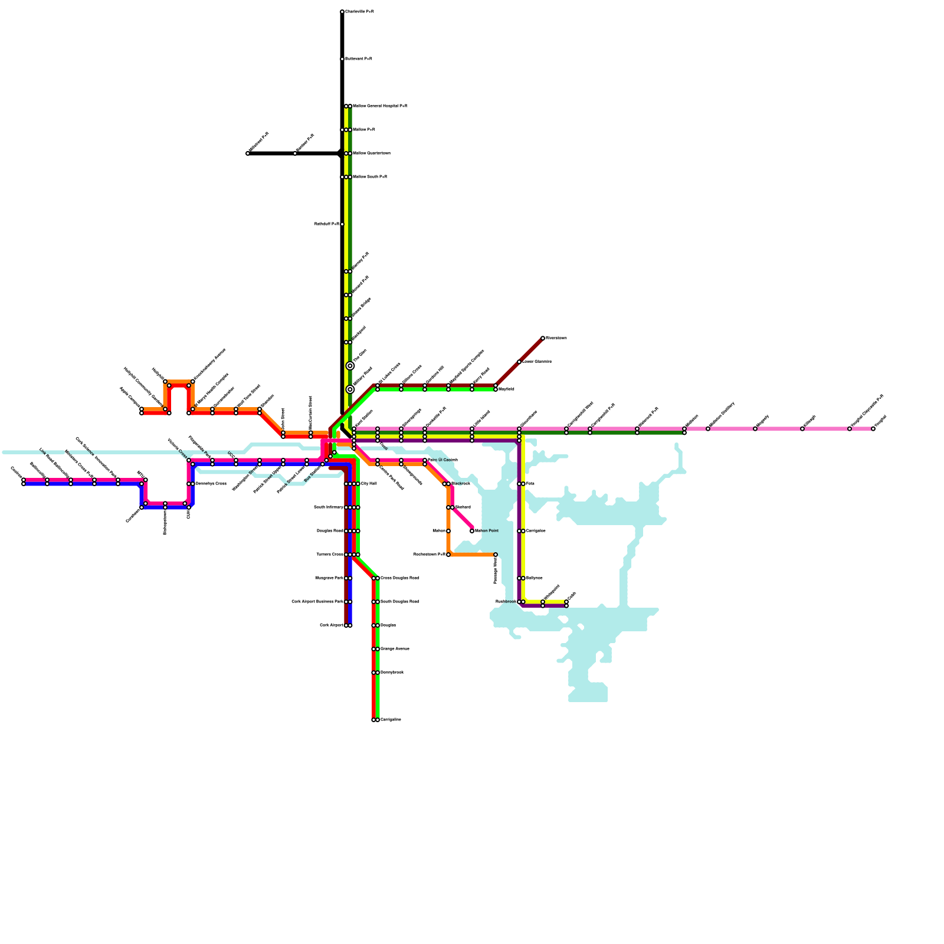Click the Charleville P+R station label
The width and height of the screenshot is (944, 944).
point(359,12)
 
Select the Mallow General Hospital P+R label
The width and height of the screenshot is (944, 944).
point(380,106)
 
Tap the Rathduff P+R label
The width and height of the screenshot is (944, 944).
point(327,224)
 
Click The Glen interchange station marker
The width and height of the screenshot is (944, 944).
point(350,366)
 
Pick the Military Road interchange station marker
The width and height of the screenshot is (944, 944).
point(350,389)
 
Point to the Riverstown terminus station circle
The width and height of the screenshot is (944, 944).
point(543,338)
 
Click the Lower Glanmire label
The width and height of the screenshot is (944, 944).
point(537,362)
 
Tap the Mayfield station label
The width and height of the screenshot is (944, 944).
point(506,389)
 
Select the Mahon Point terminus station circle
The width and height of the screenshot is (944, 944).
point(472,531)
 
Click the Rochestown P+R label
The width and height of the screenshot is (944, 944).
point(430,555)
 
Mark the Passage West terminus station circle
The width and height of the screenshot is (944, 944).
point(496,555)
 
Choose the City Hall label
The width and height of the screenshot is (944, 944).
point(369,484)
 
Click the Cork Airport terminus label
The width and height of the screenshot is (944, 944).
point(331,625)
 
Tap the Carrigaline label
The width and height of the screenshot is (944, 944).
point(391,720)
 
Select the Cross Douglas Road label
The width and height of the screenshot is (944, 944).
point(400,578)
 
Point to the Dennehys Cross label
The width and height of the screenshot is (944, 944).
point(211,484)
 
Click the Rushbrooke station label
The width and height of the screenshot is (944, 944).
point(506,602)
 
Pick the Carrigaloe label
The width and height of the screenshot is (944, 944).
point(536,531)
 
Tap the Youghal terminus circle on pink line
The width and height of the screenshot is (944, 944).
point(873,429)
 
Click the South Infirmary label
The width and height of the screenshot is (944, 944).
point(329,507)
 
